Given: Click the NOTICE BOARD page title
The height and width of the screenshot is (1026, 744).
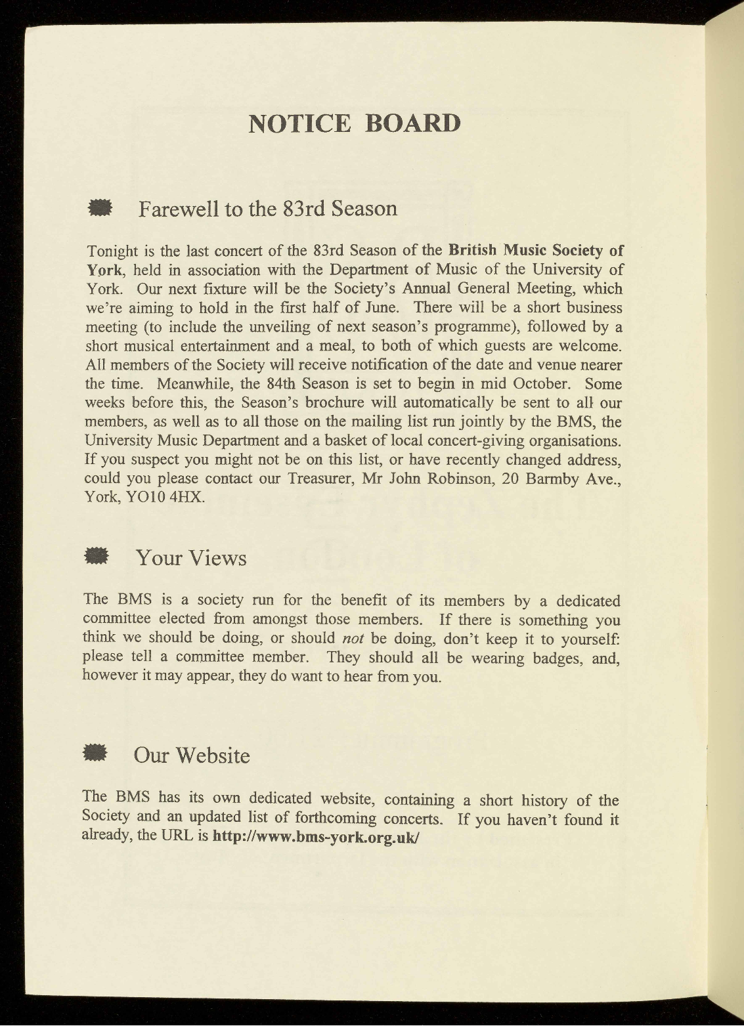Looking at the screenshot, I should click(355, 123).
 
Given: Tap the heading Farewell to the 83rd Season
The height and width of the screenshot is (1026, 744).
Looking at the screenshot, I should click(268, 209).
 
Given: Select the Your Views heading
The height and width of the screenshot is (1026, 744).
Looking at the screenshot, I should click(191, 558).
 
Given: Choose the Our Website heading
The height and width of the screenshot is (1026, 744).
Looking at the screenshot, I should click(192, 756).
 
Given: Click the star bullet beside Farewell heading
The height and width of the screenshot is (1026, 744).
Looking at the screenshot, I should click(100, 208).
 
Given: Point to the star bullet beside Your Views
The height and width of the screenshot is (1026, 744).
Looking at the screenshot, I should click(97, 556).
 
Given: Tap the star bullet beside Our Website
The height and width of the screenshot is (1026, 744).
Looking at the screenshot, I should click(96, 754).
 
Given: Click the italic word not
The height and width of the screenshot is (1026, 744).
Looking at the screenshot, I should click(353, 638).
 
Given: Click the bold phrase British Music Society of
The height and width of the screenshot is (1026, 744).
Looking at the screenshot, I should click(536, 250).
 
